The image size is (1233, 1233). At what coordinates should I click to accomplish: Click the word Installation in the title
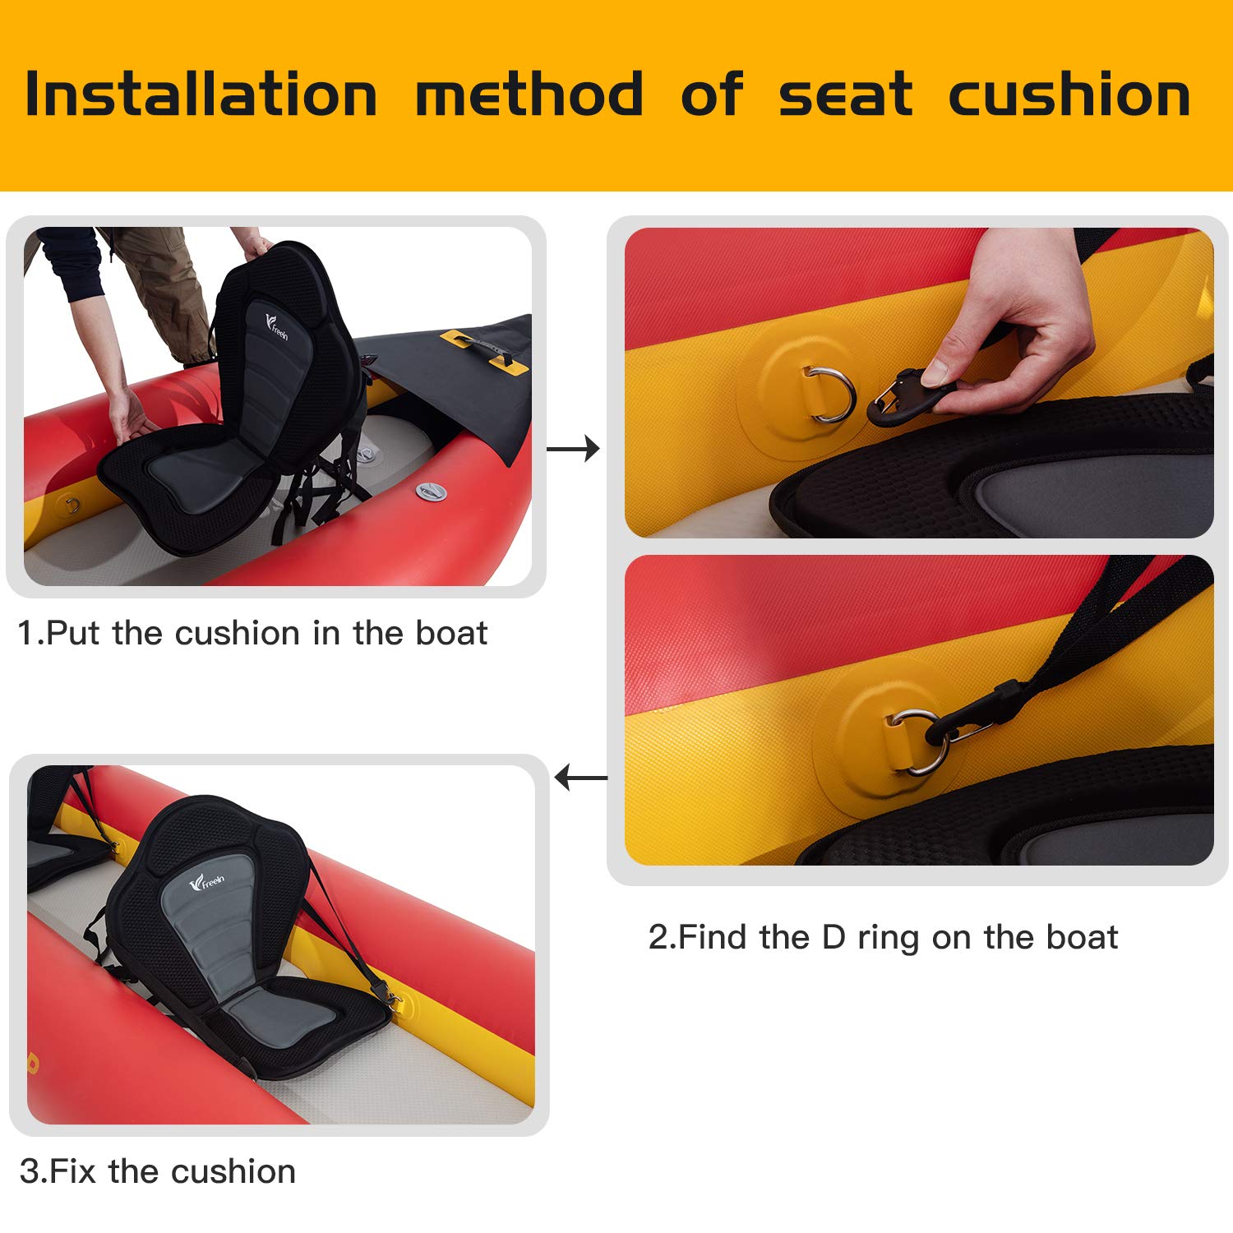pos(201,95)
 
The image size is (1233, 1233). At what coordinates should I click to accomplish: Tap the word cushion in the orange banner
pos(1069,95)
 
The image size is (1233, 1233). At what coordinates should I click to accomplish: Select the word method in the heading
pos(529,95)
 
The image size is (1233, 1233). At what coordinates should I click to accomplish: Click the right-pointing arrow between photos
pos(573,449)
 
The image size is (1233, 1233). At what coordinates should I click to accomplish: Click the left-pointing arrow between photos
pos(581,777)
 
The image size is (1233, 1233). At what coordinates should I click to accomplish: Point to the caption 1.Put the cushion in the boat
pos(252,634)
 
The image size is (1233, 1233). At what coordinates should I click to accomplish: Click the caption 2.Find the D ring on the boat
pos(883,937)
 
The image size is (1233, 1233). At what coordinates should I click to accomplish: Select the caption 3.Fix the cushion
pos(158,1171)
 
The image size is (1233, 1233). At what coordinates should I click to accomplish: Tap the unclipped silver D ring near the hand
pos(832,395)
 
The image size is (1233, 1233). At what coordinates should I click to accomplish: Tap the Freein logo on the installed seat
pos(206,884)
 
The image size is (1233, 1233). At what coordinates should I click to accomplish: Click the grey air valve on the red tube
pos(431,492)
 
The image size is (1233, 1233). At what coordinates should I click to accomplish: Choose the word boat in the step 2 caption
pos(1082,937)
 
